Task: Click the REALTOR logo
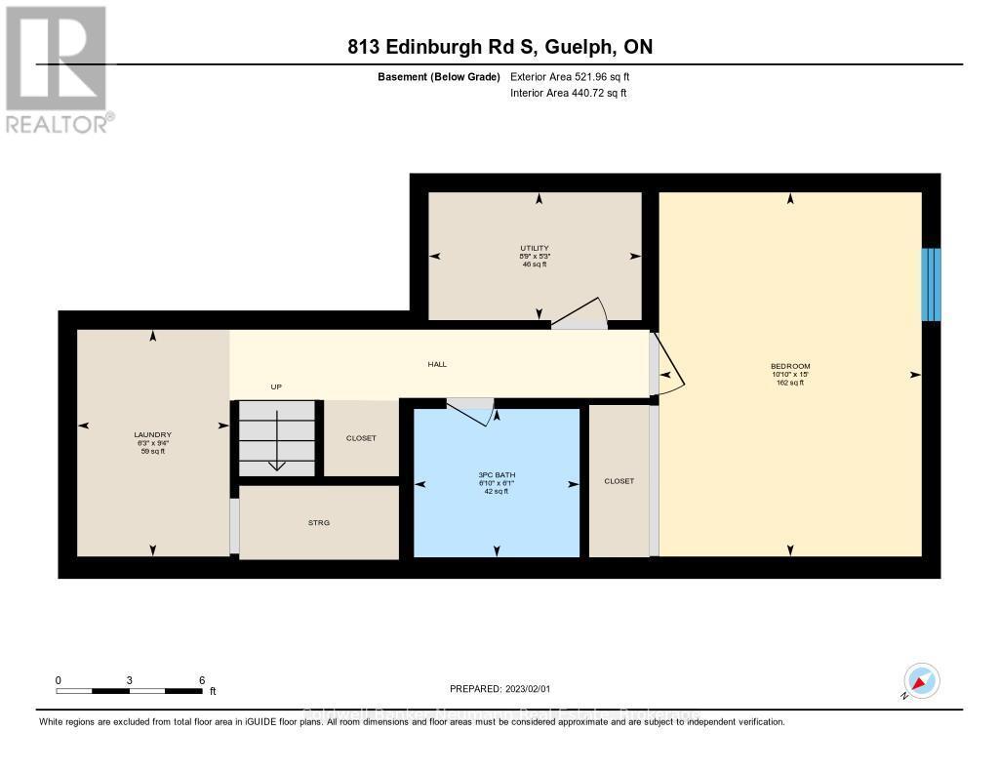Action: pos(56,68)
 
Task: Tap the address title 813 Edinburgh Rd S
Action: pos(499,47)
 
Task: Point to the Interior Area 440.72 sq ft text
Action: pos(568,94)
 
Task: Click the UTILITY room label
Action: pos(535,248)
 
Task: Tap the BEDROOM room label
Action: pos(790,367)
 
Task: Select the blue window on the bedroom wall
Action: pos(931,284)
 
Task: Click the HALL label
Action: pos(437,364)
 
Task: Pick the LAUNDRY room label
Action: pos(152,435)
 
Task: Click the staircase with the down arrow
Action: pos(277,438)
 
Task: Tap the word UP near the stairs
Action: pos(276,387)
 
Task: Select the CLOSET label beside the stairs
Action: pos(361,438)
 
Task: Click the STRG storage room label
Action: pos(319,523)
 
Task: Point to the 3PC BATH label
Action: pos(497,475)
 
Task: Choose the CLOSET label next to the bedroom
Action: pos(619,481)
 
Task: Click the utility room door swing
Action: pos(581,311)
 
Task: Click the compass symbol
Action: pos(921,680)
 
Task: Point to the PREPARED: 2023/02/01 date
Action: pos(499,689)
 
